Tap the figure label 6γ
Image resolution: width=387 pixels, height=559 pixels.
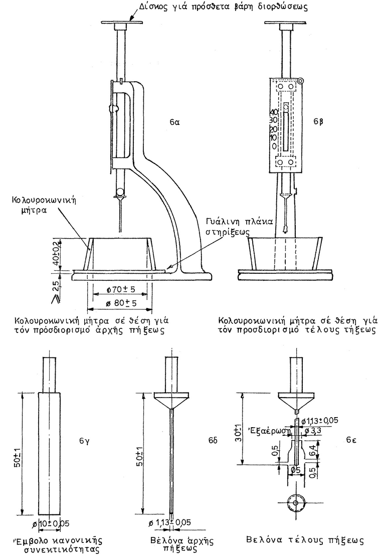(84, 441)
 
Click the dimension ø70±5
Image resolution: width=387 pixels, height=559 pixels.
(119, 290)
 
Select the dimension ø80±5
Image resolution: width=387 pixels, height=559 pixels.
(119, 304)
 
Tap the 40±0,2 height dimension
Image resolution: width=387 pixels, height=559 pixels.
(71, 254)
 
